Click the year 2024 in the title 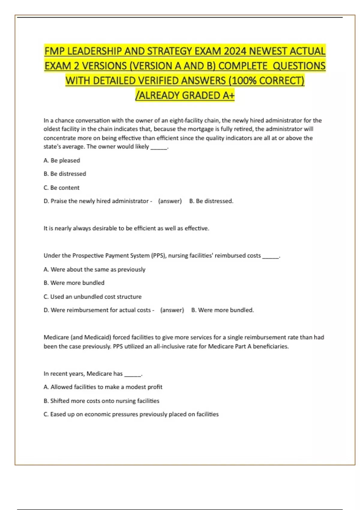pyautogui.click(x=235, y=51)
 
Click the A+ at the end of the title pyautogui.click(x=228, y=95)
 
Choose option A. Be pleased pyautogui.click(x=62, y=160)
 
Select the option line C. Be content pyautogui.click(x=61, y=188)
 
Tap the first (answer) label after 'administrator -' pyautogui.click(x=170, y=201)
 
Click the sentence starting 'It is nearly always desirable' pyautogui.click(x=126, y=228)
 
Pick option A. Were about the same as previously pyautogui.click(x=94, y=269)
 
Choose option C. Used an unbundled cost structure pyautogui.click(x=92, y=297)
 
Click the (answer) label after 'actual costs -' pyautogui.click(x=172, y=310)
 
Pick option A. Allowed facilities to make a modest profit pyautogui.click(x=103, y=387)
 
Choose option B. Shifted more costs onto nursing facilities pyautogui.click(x=101, y=401)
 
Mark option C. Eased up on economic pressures pyautogui.click(x=131, y=414)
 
